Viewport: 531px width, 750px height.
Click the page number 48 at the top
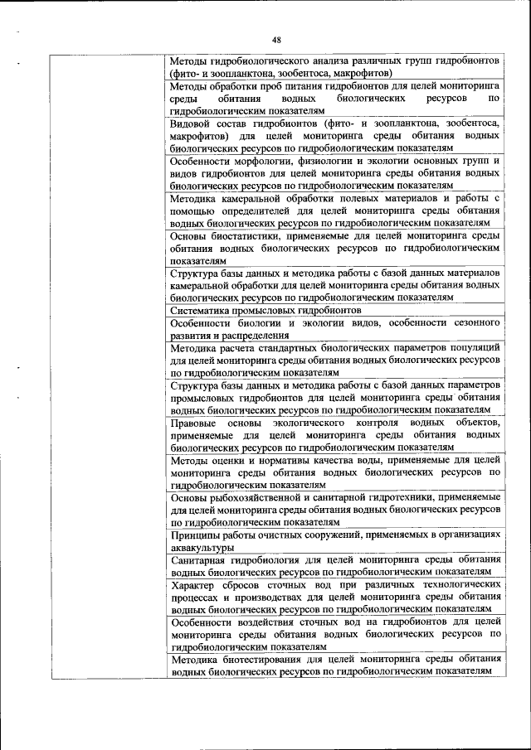(x=277, y=39)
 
